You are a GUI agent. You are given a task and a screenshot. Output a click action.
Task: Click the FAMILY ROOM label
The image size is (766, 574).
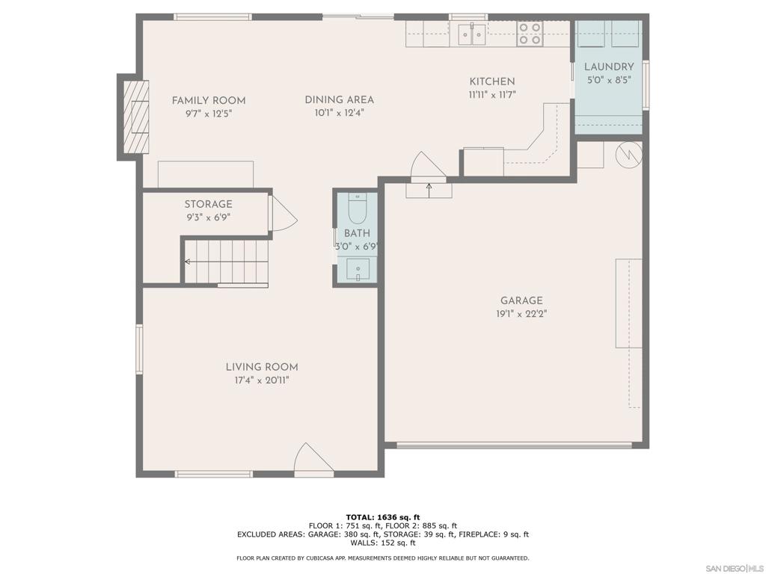pyautogui.click(x=209, y=101)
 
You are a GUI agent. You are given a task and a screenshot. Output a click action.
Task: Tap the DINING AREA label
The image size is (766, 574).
pyautogui.click(x=340, y=100)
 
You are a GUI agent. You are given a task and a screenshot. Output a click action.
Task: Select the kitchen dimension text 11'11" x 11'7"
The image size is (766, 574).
pyautogui.click(x=492, y=95)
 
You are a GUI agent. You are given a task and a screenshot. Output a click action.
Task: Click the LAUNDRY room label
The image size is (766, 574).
pyautogui.click(x=609, y=67)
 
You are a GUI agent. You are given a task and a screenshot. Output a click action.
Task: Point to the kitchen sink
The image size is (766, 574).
pyautogui.click(x=472, y=34)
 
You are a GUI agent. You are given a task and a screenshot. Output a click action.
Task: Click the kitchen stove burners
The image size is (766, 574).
pyautogui.click(x=529, y=34)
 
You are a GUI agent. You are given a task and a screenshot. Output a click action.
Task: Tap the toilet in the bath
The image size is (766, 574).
pyautogui.click(x=357, y=208)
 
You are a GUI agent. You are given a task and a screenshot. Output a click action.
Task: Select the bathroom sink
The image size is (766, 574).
pyautogui.click(x=358, y=269)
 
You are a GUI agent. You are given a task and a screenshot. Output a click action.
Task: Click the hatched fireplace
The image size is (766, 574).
pyautogui.click(x=135, y=117)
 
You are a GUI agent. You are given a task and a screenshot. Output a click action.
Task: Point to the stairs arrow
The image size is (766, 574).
pyautogui.click(x=226, y=262)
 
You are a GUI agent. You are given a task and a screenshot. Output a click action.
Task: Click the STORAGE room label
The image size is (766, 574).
pyautogui.click(x=208, y=204)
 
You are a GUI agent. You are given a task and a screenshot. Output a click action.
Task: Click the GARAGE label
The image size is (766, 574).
pyautogui.click(x=521, y=300)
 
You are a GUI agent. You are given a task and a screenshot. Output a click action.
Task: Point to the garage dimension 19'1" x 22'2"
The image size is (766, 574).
pyautogui.click(x=521, y=314)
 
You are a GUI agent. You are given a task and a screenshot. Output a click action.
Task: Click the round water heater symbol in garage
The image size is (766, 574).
pyautogui.click(x=628, y=154)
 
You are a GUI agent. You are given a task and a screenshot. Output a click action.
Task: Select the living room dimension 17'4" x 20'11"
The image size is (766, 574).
pyautogui.click(x=263, y=380)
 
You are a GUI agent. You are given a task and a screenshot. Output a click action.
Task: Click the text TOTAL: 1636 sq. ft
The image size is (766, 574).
pyautogui.click(x=383, y=517)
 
